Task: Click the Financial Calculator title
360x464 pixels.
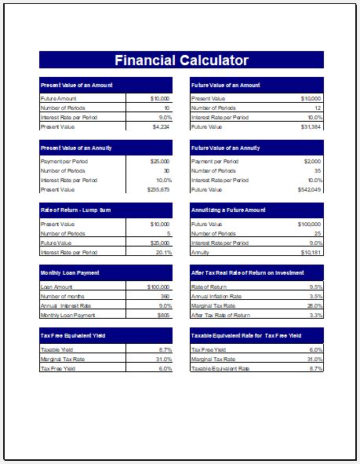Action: [x=181, y=60]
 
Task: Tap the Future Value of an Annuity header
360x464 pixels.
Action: [x=224, y=148]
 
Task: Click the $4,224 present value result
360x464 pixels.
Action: [x=161, y=126]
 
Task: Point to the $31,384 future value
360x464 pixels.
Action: [x=311, y=126]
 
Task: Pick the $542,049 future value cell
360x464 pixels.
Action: [x=309, y=189]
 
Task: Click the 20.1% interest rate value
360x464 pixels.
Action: [x=163, y=252]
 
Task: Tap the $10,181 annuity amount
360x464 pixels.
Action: [x=311, y=252]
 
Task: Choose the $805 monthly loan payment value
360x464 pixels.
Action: [x=163, y=315]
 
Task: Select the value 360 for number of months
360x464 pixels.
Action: [x=164, y=297]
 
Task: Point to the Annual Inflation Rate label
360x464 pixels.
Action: [x=216, y=297]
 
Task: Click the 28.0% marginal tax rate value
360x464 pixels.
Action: [x=315, y=306]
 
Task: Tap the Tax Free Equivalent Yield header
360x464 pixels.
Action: [x=72, y=335]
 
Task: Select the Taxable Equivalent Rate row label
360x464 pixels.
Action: [x=220, y=368]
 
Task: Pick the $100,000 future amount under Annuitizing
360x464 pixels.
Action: [x=308, y=225]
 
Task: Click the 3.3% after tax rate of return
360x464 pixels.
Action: [x=316, y=315]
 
